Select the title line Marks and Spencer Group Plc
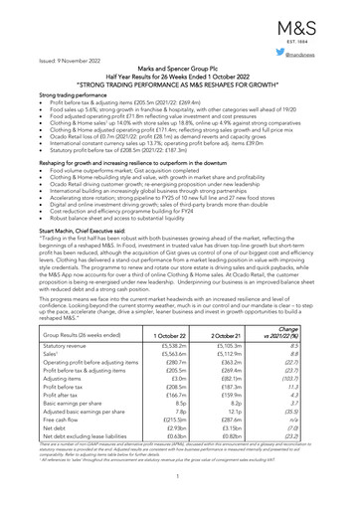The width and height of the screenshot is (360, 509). click(x=179, y=75)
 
